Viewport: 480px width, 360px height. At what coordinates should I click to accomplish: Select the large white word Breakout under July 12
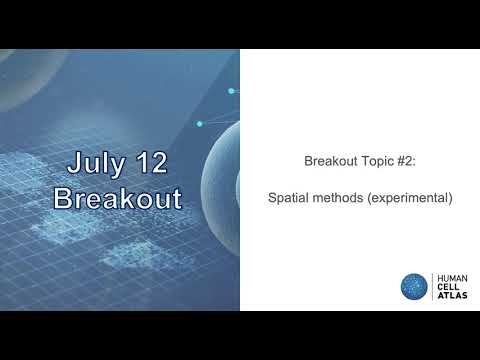[118, 197]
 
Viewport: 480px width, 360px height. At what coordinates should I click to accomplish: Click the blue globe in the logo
[414, 286]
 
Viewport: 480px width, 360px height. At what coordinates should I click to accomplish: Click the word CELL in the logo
[449, 286]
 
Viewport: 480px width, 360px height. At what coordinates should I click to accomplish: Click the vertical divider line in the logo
[432, 286]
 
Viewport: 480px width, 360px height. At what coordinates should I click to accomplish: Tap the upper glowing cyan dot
[231, 91]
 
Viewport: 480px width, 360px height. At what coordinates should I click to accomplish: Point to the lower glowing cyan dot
[200, 124]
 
